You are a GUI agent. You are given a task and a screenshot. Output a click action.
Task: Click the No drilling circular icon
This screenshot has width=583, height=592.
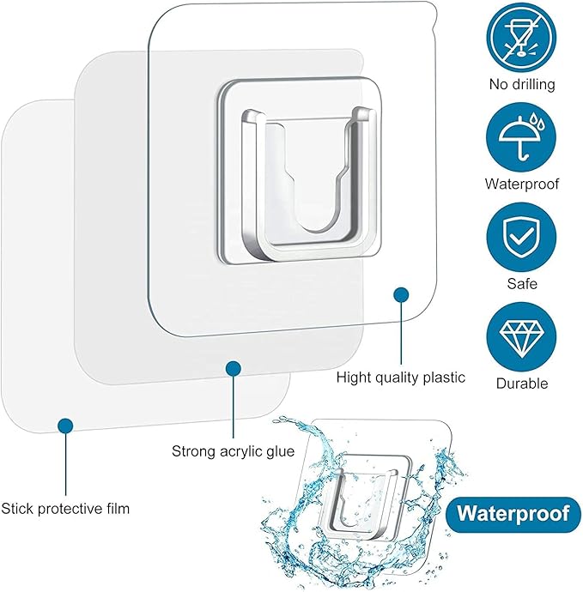(x=521, y=38)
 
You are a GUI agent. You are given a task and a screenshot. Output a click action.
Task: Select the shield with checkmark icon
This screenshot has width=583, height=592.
(x=521, y=237)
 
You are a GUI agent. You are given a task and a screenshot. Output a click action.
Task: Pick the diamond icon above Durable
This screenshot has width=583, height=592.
(x=521, y=337)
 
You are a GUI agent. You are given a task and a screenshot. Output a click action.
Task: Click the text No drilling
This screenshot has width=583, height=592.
(x=522, y=84)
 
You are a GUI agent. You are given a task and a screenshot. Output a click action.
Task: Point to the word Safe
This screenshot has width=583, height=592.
(x=522, y=283)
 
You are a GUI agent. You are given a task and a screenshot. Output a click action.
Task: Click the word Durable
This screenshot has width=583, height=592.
(x=522, y=384)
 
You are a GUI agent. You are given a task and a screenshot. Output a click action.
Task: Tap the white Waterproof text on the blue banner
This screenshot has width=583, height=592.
(x=513, y=514)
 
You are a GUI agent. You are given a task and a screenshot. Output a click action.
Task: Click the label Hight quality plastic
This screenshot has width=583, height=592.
(x=400, y=378)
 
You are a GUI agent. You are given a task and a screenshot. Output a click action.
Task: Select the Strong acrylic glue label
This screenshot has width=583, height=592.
(x=234, y=451)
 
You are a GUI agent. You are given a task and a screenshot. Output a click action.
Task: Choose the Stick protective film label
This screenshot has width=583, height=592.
(x=65, y=509)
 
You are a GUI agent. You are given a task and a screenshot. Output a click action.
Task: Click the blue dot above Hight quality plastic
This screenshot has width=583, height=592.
(x=401, y=295)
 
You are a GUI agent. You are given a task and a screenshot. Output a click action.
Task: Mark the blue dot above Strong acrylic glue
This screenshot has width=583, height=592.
(x=234, y=368)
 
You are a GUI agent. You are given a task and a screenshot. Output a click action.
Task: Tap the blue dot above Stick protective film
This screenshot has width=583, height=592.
(x=65, y=426)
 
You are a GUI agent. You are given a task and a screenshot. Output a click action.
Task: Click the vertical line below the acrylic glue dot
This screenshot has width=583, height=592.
(x=234, y=407)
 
